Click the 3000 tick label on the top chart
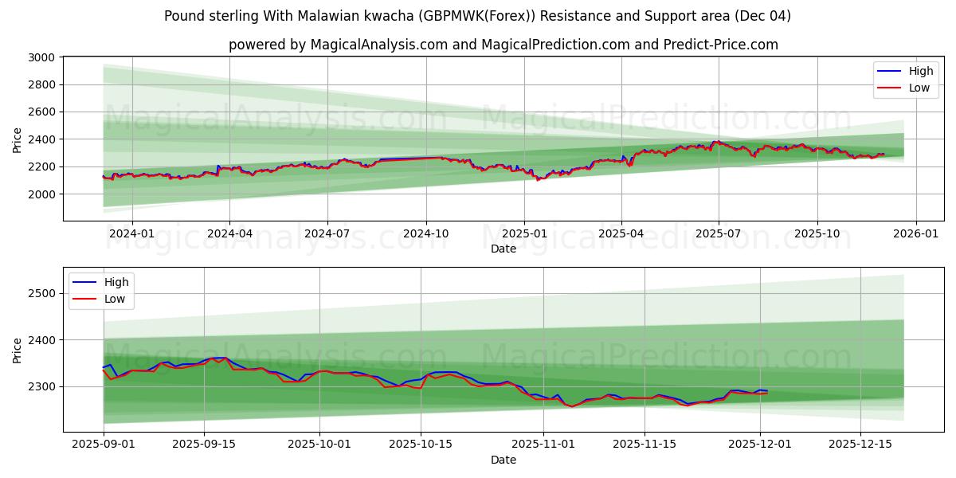click(x=41, y=57)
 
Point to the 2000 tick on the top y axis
click(x=41, y=194)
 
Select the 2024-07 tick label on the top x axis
click(x=327, y=234)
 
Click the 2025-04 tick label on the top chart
click(x=621, y=234)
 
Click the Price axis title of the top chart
click(x=18, y=139)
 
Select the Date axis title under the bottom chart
click(x=503, y=460)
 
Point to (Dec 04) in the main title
click(x=762, y=16)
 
